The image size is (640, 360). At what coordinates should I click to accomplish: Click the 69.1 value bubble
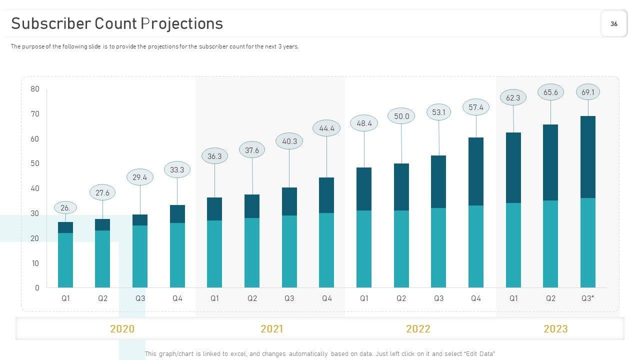588,92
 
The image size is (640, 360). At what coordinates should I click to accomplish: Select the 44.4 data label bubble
326,128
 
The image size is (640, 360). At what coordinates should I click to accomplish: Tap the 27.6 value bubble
102,192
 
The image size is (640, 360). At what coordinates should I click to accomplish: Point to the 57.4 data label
476,107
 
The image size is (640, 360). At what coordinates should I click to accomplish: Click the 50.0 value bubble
401,116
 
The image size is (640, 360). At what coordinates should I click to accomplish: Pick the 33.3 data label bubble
177,170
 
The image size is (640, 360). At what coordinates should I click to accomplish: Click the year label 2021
271,329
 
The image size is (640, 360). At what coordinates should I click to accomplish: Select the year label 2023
555,329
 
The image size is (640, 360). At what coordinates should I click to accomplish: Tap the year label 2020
122,329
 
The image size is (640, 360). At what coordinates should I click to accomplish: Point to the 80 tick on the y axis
34,89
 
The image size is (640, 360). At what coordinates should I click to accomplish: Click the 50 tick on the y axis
34,163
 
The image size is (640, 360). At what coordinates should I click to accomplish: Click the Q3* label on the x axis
588,298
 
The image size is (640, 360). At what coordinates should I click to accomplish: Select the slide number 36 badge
614,23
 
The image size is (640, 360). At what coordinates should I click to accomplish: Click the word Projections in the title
181,23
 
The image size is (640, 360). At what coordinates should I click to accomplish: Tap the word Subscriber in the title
51,23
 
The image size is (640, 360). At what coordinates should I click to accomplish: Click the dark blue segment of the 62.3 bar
513,167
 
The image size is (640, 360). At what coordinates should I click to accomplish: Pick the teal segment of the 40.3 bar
289,251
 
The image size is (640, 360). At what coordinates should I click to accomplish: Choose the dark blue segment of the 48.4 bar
364,189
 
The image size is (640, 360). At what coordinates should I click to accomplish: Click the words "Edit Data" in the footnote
479,354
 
